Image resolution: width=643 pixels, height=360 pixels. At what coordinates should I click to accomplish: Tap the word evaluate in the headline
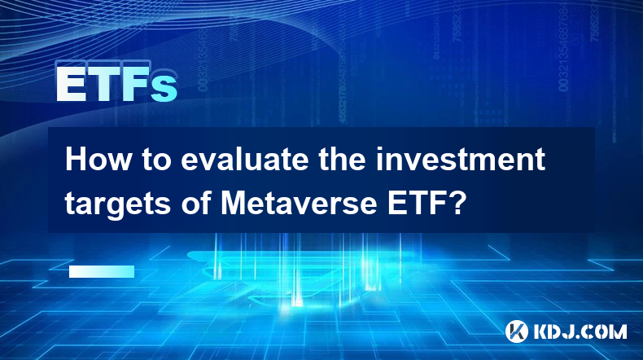tap(245, 160)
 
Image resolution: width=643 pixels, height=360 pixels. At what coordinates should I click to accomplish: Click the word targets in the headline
tap(118, 204)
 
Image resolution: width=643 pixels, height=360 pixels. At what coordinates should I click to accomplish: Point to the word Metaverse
tap(299, 203)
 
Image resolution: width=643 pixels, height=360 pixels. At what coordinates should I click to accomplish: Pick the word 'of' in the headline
tap(195, 202)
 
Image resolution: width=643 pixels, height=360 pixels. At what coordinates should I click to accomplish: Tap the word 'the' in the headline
tap(343, 160)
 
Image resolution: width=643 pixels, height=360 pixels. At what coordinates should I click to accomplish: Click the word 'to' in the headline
tap(156, 160)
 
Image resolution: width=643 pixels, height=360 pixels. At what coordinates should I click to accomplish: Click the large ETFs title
tap(116, 84)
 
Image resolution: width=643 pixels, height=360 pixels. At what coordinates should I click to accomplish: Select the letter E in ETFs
tap(70, 84)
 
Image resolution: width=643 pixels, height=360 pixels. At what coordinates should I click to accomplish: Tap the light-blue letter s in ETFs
tap(164, 89)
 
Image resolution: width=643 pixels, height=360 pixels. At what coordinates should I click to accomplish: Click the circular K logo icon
tap(517, 331)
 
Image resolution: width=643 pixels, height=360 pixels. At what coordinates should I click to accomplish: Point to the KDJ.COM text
tap(580, 331)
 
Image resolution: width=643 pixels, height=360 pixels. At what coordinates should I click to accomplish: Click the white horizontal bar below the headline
tap(102, 271)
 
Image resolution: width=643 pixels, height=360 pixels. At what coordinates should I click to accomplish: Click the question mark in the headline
tap(457, 202)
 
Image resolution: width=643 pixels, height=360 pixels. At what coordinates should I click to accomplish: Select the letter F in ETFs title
tap(135, 84)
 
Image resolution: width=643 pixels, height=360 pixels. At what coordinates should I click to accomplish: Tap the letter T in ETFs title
tap(103, 84)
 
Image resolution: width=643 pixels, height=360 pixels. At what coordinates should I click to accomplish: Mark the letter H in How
tap(76, 160)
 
